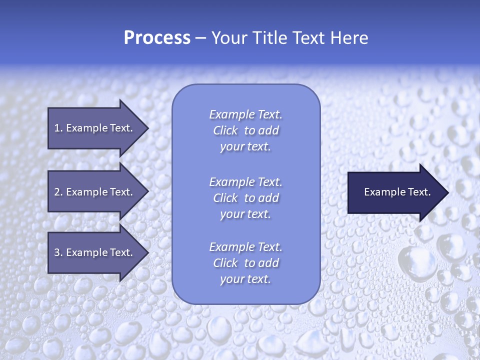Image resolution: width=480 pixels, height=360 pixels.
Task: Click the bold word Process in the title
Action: tap(157, 38)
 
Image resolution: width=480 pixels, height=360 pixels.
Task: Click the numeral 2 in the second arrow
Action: tap(57, 192)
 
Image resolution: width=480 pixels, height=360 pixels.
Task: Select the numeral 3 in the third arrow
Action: tap(57, 252)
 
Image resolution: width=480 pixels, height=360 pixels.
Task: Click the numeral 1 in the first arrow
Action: tap(57, 128)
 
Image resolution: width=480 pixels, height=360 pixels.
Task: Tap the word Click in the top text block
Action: tap(225, 130)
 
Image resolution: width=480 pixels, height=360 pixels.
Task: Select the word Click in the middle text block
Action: tap(225, 198)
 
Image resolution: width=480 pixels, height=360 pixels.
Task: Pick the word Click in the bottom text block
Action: tap(225, 263)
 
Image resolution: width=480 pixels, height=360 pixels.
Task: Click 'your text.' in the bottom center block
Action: tap(245, 279)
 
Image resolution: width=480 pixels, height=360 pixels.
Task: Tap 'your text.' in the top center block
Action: tap(245, 146)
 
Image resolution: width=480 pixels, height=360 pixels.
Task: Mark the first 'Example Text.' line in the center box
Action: tap(245, 114)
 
